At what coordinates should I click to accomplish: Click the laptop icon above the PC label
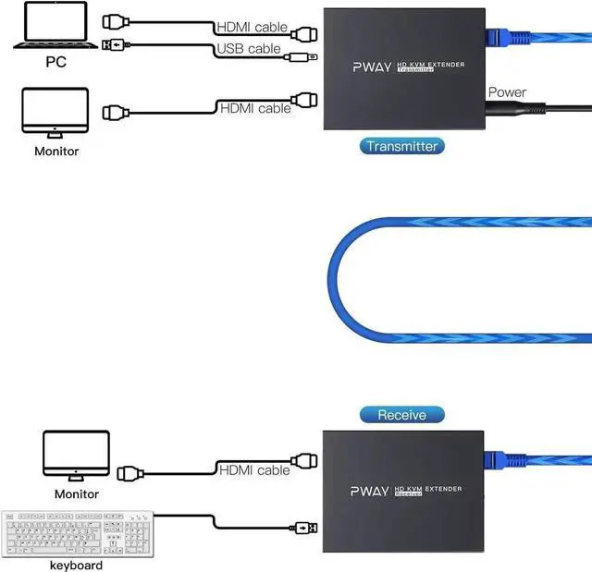(x=55, y=25)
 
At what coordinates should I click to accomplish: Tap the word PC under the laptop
(x=55, y=62)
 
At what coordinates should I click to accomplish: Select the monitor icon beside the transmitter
(x=55, y=113)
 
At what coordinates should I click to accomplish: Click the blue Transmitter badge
(x=401, y=146)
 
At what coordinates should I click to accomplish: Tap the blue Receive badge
(x=402, y=415)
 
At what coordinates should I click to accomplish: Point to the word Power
(x=507, y=92)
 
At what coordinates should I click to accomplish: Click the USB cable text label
(x=249, y=49)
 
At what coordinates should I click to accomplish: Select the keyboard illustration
(x=78, y=534)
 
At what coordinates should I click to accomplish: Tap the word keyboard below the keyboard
(x=76, y=566)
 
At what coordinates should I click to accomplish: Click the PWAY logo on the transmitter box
(x=372, y=67)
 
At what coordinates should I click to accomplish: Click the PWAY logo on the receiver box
(x=370, y=491)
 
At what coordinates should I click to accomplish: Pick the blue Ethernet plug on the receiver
(x=505, y=459)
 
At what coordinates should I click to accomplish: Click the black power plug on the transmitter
(x=515, y=108)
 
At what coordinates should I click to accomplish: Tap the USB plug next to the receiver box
(x=303, y=528)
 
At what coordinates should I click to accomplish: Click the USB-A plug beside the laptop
(x=116, y=45)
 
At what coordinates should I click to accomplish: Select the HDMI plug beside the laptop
(x=116, y=22)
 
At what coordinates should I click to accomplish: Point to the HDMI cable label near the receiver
(x=254, y=470)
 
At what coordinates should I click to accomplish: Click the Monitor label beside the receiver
(x=77, y=494)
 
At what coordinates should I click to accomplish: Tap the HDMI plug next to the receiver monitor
(x=130, y=474)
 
